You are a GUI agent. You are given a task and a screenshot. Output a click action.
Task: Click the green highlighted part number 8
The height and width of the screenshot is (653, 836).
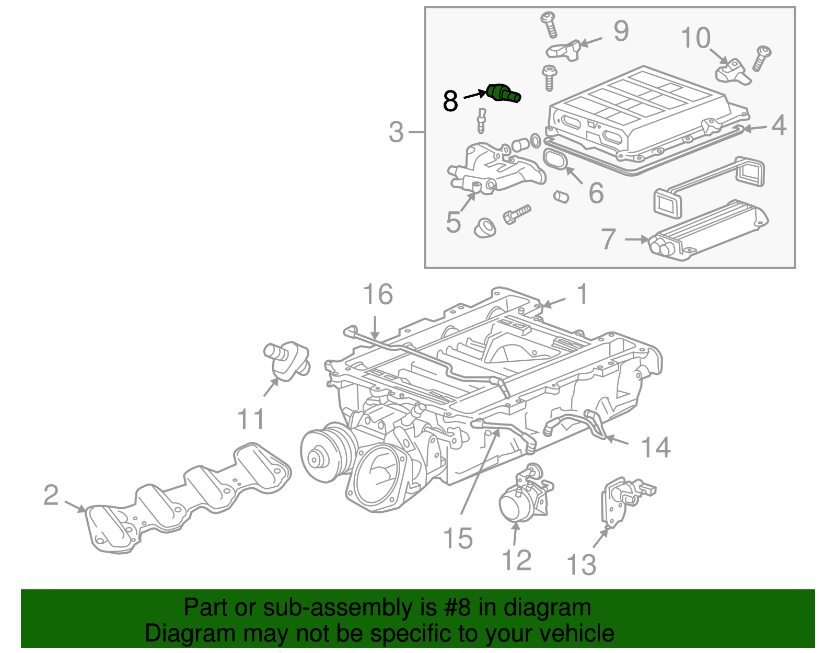[x=137, y=93]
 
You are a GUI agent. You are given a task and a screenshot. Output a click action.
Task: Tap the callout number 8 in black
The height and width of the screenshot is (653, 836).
[x=450, y=101]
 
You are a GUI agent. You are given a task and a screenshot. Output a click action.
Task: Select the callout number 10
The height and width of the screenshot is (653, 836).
[x=695, y=38]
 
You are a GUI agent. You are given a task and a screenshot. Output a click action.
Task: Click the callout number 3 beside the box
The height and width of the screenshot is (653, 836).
[x=396, y=132]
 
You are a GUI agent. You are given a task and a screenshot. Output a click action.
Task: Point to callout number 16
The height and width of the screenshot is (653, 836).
[x=378, y=295]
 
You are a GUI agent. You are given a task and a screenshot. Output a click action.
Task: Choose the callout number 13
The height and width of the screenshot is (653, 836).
[x=581, y=565]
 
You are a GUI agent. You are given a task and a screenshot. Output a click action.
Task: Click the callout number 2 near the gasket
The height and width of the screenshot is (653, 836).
[x=51, y=495]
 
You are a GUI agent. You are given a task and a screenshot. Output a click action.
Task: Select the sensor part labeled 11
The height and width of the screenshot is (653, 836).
[x=287, y=360]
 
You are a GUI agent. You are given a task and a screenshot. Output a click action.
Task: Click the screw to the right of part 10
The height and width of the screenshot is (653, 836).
[x=761, y=58]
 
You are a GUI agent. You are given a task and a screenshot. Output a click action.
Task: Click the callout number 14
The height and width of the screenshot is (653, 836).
[x=655, y=448]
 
